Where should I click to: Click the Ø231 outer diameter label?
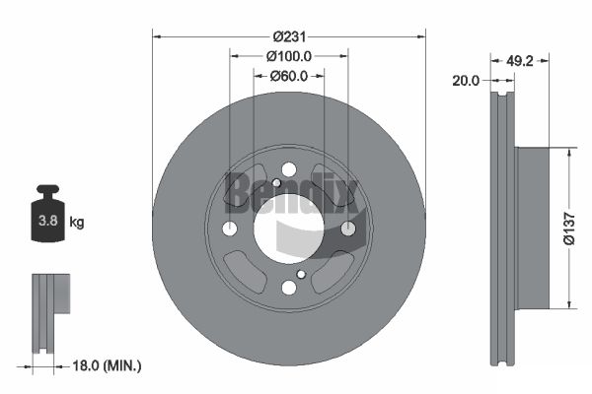[x=289, y=36]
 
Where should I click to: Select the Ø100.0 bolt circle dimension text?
[x=289, y=56]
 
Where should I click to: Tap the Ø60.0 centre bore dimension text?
[x=289, y=76]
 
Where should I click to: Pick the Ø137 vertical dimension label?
[x=569, y=229]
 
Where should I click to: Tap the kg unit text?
[x=77, y=223]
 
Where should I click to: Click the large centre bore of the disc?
[x=288, y=228]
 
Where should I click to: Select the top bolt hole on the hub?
[x=288, y=169]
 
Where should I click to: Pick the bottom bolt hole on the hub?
[x=288, y=287]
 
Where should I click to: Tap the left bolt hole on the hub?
[x=230, y=229]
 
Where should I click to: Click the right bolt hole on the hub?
[x=347, y=229]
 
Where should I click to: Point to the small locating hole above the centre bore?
[x=277, y=183]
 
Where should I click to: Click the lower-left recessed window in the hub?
[x=241, y=269]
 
